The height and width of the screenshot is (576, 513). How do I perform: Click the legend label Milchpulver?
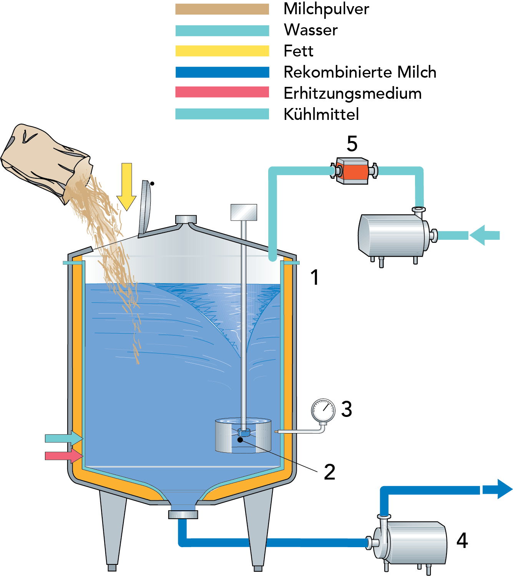click(326, 9)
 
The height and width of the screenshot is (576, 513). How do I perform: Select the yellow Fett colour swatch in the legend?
click(222, 51)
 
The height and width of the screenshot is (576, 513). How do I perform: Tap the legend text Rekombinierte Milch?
click(360, 72)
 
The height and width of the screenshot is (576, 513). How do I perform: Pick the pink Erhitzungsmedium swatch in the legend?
click(222, 93)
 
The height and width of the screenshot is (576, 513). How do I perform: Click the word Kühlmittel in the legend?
click(321, 115)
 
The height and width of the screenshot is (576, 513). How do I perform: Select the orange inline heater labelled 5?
click(352, 171)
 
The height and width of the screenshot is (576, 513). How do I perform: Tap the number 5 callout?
click(352, 144)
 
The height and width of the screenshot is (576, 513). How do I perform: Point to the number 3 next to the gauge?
click(347, 409)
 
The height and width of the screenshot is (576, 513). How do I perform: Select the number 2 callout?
click(329, 472)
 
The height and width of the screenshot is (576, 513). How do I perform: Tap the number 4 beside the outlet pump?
click(462, 541)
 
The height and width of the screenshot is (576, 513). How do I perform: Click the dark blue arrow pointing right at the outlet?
click(497, 489)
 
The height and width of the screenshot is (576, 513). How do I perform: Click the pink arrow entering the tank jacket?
click(64, 456)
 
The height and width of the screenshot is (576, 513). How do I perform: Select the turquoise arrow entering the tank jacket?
click(64, 438)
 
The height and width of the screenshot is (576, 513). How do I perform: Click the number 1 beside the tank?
click(315, 277)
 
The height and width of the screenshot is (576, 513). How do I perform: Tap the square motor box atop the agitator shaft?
click(244, 212)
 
